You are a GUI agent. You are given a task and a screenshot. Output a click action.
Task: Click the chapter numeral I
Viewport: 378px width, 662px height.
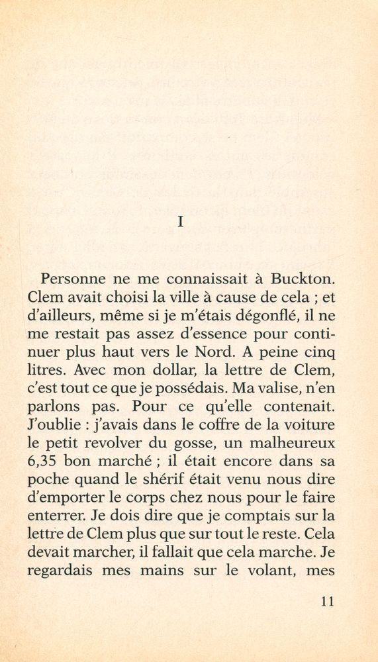click(181, 222)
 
